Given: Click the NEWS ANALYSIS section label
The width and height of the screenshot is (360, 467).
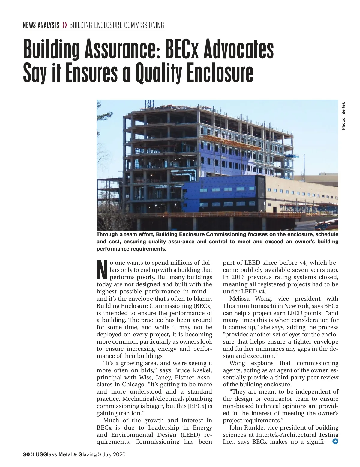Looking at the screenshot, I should coord(41,25).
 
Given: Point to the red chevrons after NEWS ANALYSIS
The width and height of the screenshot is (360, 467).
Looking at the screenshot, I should coord(64,25).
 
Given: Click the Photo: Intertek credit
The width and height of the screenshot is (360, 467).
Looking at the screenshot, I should coord(343,116).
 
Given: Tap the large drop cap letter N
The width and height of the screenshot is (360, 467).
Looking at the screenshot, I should coord(102,269).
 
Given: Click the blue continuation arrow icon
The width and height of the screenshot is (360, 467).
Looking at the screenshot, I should coord(335,441).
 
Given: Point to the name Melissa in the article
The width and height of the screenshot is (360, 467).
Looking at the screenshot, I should coord(239,299).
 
